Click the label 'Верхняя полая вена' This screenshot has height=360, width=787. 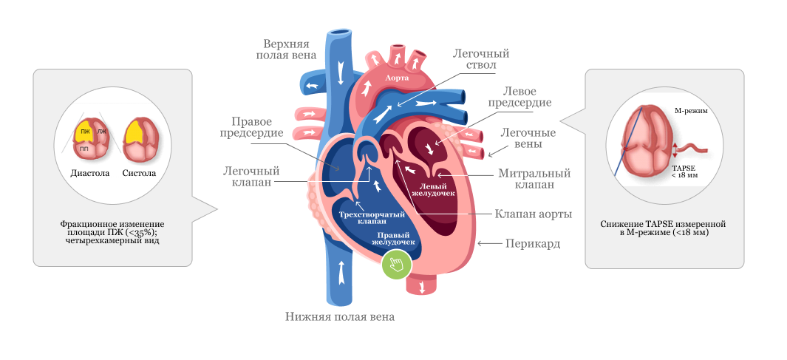287,48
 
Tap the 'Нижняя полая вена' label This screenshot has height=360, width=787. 340,316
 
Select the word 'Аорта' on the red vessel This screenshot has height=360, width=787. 398,77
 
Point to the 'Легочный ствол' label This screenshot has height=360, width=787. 481,59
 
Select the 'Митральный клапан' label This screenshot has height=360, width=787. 534,179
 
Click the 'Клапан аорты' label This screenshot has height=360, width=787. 533,214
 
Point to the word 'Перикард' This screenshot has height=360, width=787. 532,243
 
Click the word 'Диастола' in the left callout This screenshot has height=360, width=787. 89,173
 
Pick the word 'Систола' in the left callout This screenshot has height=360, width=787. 139,173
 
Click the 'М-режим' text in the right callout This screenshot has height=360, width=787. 691,111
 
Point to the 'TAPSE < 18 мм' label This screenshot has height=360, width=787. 684,172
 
